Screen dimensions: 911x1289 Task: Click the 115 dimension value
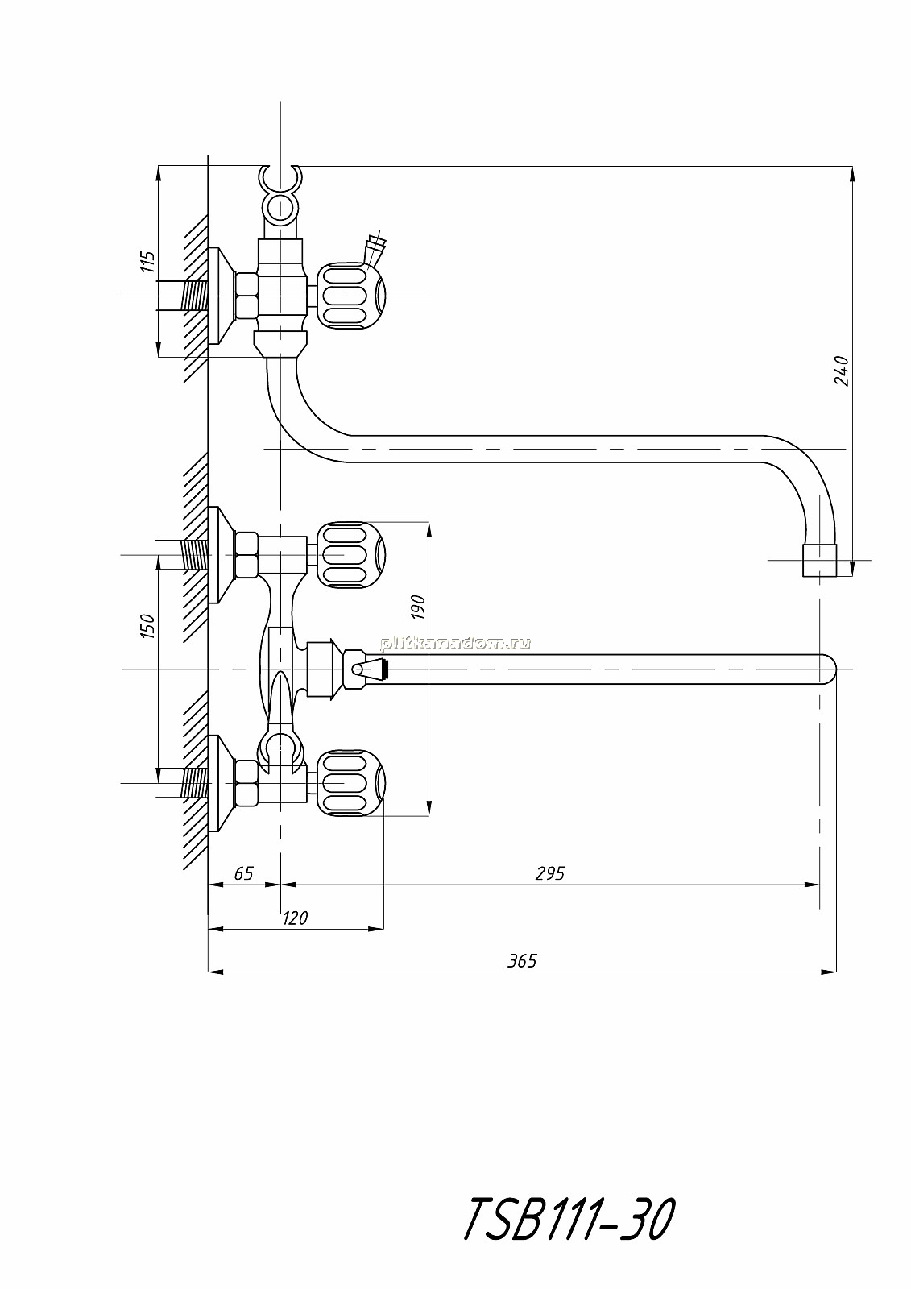148,262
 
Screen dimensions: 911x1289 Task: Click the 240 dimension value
842,371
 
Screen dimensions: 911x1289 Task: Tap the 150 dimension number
147,625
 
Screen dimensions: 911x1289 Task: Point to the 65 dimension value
243,873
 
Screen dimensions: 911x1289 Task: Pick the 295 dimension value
549,873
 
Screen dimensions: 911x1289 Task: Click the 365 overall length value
521,961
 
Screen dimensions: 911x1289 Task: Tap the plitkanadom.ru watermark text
454,644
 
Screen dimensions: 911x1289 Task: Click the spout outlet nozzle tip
819,561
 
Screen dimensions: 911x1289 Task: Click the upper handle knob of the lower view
350,555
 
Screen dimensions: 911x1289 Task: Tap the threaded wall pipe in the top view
194,296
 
